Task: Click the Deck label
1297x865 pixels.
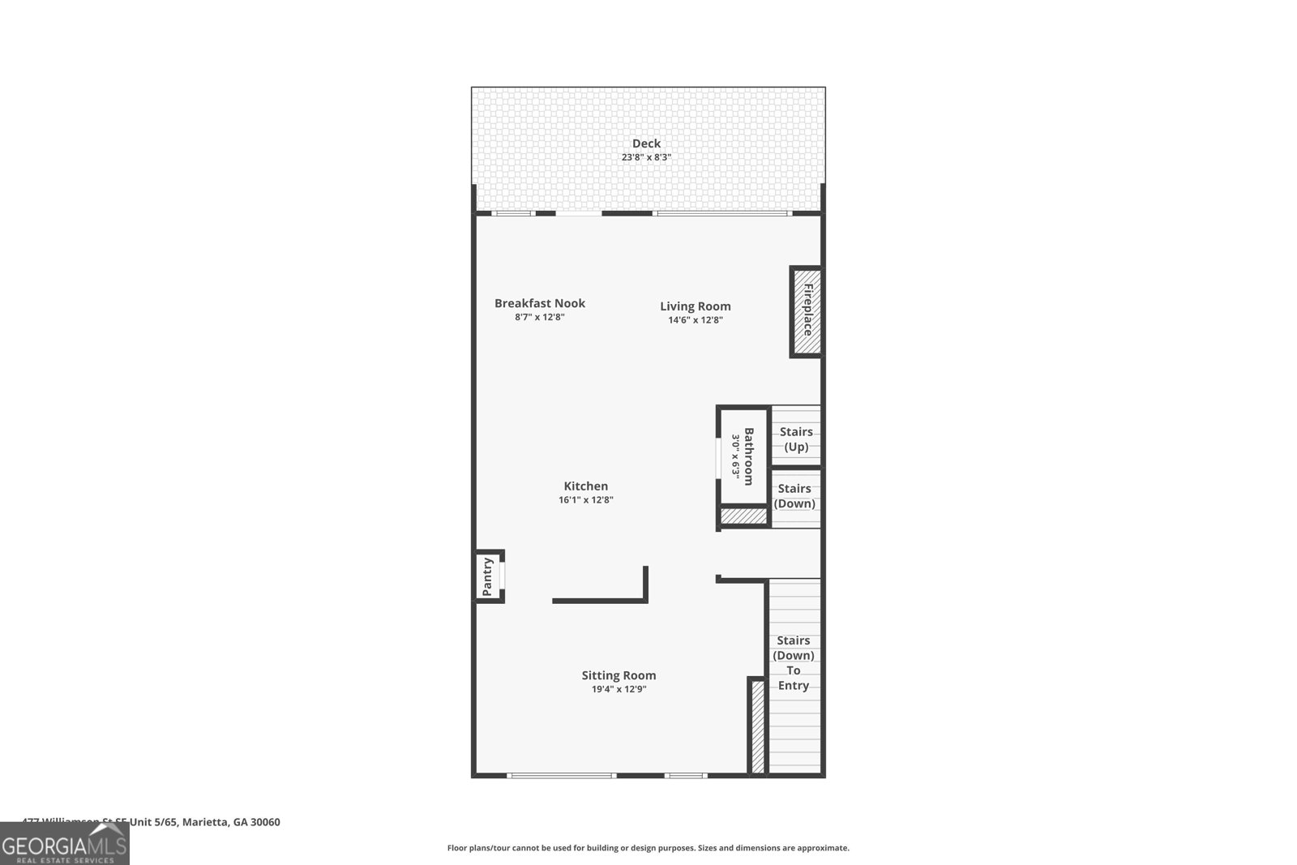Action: (x=646, y=143)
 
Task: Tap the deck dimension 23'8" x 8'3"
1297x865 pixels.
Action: (x=646, y=157)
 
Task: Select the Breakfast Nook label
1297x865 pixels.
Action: (x=540, y=303)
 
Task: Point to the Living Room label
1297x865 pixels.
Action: (x=695, y=306)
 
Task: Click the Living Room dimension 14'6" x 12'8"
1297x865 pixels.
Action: (x=695, y=320)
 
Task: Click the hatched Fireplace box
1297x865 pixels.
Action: (x=807, y=311)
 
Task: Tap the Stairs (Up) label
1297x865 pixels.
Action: (x=796, y=439)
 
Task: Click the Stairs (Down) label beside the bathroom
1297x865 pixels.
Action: (x=794, y=496)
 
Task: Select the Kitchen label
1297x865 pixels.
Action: (x=585, y=486)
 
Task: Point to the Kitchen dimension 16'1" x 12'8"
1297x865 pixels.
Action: (x=585, y=500)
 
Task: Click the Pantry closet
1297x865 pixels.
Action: (x=489, y=576)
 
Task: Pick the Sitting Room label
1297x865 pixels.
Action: (x=619, y=675)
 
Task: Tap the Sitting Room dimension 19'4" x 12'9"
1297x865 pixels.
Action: (x=619, y=690)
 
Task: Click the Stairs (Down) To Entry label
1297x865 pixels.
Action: (x=794, y=662)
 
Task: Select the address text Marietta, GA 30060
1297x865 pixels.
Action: (x=231, y=822)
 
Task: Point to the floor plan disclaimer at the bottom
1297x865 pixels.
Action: (x=648, y=848)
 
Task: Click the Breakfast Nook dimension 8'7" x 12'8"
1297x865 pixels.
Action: (x=540, y=318)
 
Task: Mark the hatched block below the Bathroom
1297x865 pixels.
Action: (x=743, y=516)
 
